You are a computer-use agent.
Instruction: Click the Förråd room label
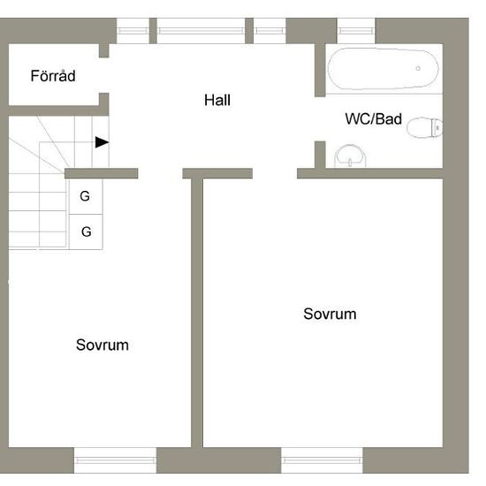coord(53,76)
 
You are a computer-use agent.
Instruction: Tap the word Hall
coord(217,100)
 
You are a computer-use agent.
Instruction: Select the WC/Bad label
coord(374,119)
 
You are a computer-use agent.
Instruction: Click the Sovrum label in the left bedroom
coord(103,345)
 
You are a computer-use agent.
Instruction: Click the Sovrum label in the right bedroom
coord(330,314)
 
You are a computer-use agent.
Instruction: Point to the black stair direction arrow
coord(102,142)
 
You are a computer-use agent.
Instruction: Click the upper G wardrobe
coord(86,196)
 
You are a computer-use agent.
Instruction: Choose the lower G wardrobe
coord(86,232)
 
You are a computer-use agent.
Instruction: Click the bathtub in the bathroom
coord(383,69)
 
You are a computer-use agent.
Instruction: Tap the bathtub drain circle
coord(418,68)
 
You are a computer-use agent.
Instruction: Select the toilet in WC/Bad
coord(424,127)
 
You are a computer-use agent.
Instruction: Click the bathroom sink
coord(350,156)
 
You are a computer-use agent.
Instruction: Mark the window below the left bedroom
coord(115,460)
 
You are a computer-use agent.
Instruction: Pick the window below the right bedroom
coord(322,460)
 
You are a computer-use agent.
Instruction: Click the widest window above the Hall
coord(201,31)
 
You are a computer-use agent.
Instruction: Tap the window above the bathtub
coord(356,31)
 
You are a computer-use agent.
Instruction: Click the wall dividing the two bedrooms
coord(197,313)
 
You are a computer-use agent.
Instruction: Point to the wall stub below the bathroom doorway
coord(320,155)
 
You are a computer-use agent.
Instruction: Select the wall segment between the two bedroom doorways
coord(217,173)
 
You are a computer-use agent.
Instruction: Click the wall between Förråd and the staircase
coord(54,110)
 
